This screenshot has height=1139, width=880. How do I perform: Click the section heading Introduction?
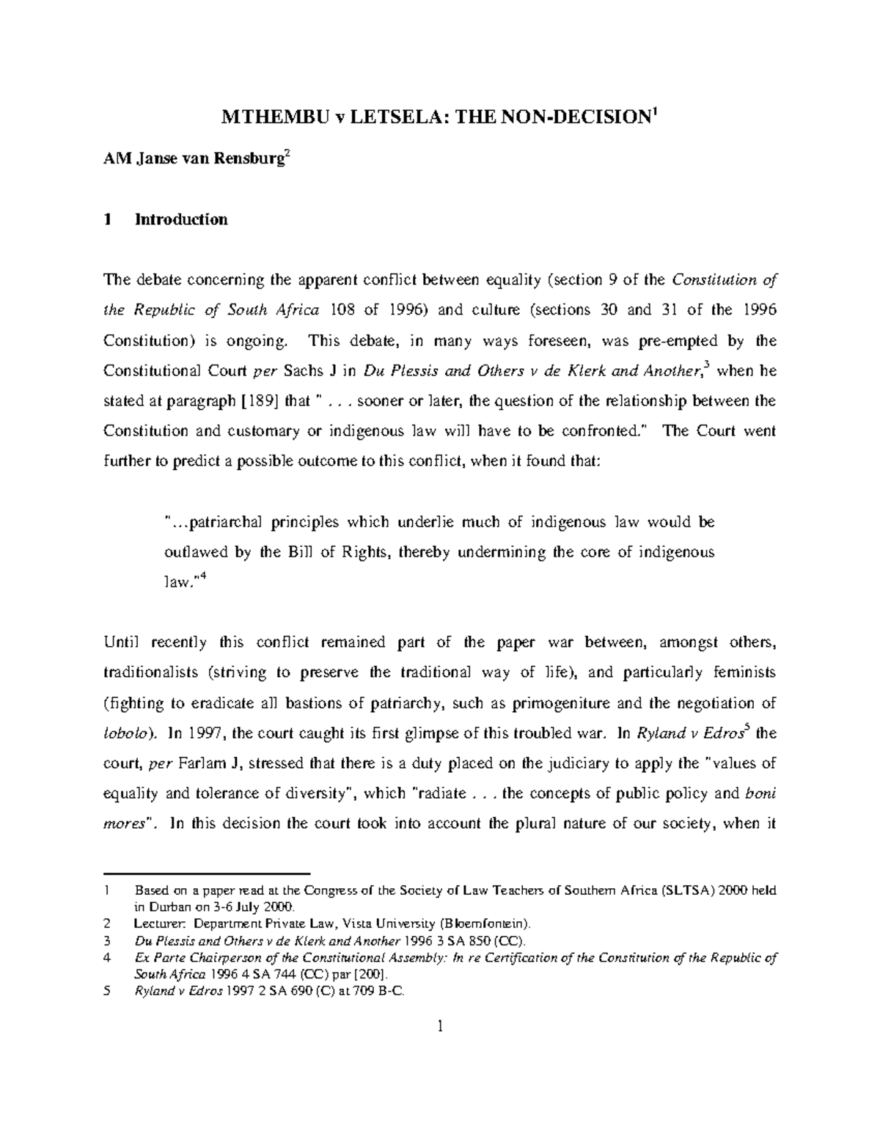coord(181,219)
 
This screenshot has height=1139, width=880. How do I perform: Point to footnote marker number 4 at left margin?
coord(108,958)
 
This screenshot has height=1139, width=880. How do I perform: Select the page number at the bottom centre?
coord(440,1027)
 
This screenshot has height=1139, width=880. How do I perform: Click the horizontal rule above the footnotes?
coord(208,874)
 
